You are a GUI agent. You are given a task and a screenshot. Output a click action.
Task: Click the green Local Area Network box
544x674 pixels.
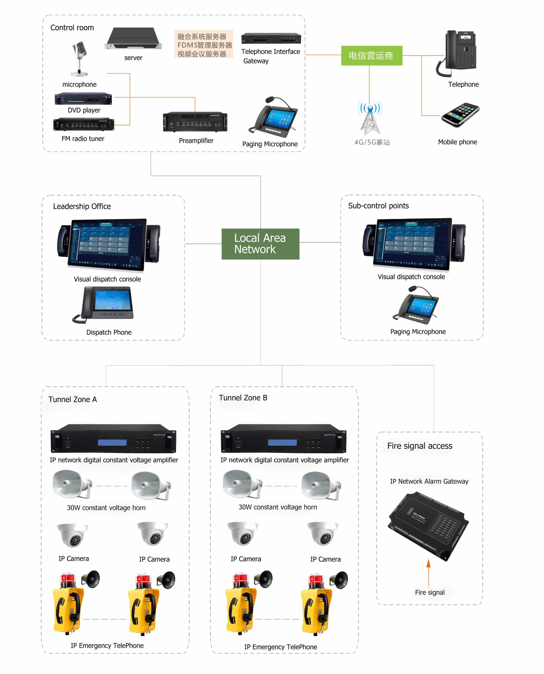(x=260, y=244)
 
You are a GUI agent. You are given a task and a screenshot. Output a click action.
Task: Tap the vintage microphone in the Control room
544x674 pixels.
(x=79, y=58)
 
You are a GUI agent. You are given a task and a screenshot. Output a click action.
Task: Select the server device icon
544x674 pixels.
(x=133, y=39)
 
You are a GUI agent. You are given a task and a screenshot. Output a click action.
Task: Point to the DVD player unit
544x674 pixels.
(x=83, y=99)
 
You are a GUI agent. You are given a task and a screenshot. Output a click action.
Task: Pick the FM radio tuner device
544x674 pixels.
(x=84, y=125)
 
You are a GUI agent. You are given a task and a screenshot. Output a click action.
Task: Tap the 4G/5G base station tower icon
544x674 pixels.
(x=370, y=117)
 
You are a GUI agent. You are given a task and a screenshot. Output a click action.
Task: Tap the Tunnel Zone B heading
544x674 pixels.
(x=243, y=398)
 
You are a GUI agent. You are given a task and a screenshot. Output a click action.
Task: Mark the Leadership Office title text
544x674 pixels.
(x=82, y=206)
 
